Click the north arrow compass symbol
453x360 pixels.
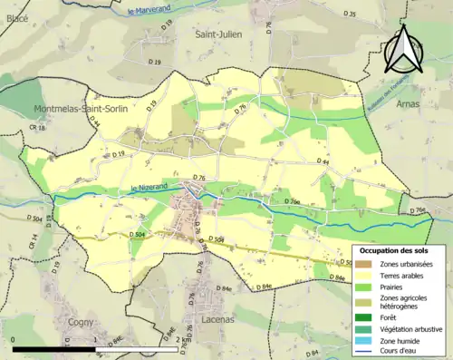(402, 48)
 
